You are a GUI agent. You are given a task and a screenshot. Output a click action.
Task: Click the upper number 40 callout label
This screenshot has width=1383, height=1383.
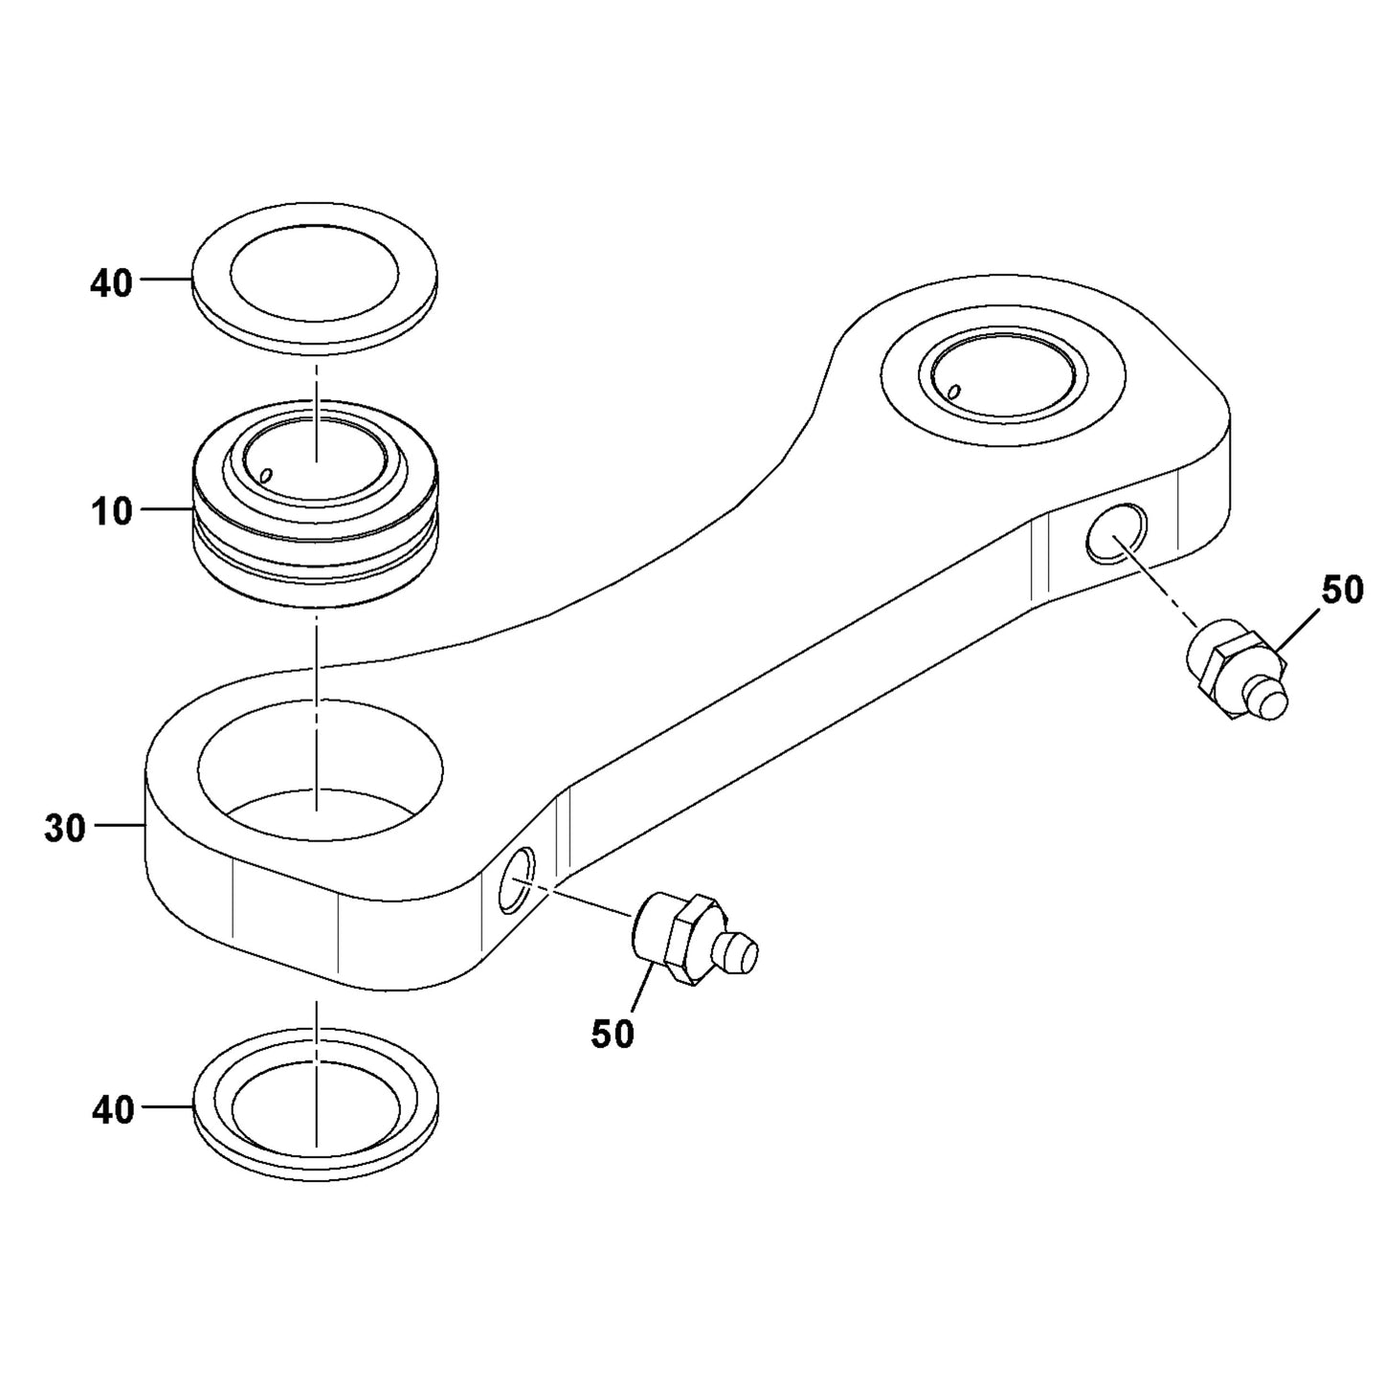coord(111,284)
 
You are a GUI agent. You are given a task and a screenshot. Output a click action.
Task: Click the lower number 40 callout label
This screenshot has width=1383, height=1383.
coord(113,1109)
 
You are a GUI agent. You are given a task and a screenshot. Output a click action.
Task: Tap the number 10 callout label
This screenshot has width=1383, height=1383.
coord(112,512)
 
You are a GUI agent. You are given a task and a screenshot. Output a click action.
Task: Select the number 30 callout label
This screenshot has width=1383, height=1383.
coord(64,829)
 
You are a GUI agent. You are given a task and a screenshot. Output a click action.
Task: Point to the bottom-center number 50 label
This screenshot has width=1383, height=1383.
coord(613,1034)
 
